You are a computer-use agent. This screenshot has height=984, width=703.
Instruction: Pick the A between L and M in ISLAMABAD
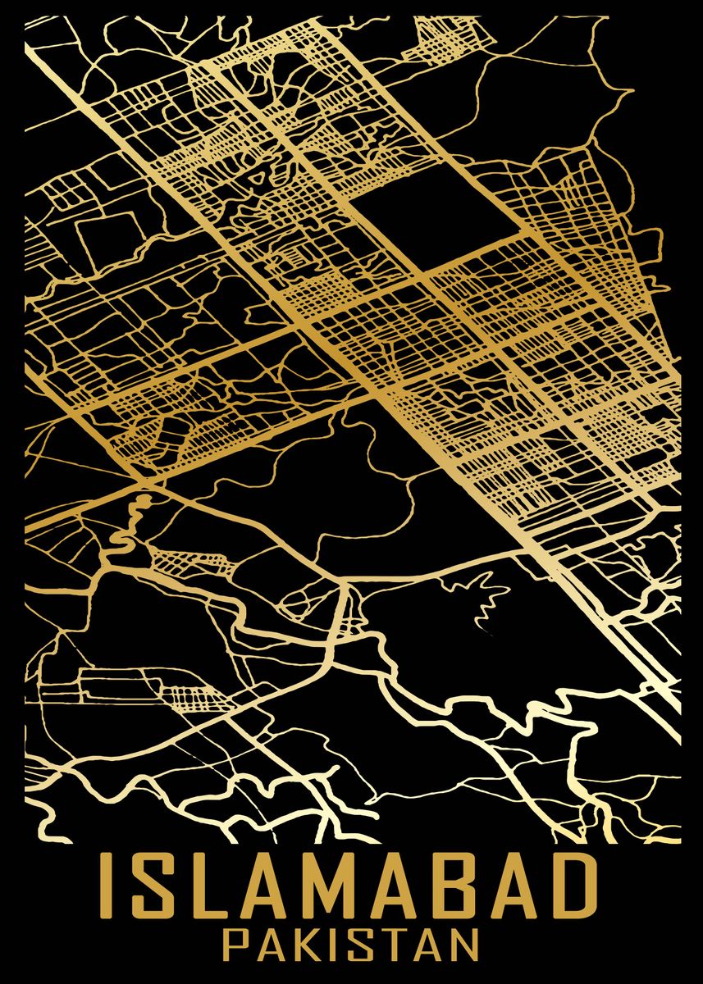[267, 886]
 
